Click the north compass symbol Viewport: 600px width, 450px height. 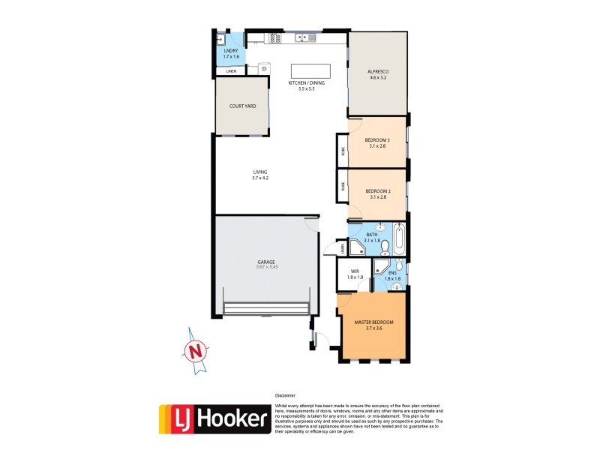point(196,349)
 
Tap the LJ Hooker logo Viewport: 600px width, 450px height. point(214,418)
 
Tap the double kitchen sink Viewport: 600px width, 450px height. point(257,37)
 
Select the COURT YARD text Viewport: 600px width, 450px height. point(242,106)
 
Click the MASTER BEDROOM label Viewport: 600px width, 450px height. point(373,322)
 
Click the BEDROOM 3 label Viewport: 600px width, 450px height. point(377,140)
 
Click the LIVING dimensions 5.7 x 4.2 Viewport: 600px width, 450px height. point(260,178)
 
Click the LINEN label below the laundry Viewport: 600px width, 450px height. point(231,71)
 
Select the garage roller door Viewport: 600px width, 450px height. point(266,308)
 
